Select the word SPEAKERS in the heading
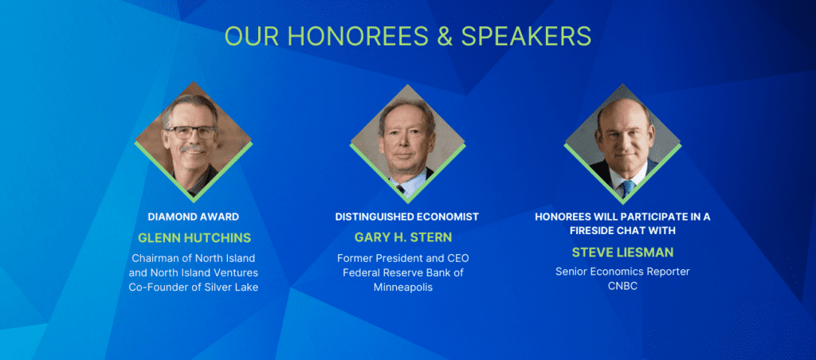[526, 36]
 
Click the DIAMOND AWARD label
[194, 217]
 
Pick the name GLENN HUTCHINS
[194, 238]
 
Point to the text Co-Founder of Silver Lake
[194, 287]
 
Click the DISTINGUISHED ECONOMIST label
[407, 217]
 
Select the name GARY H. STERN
[403, 237]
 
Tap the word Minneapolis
[403, 288]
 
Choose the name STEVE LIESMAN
[622, 252]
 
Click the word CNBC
[622, 286]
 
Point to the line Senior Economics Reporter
[622, 272]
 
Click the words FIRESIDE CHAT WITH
[622, 230]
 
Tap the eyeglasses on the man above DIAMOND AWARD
[190, 132]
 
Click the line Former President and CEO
[403, 258]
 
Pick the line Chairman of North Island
[194, 258]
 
